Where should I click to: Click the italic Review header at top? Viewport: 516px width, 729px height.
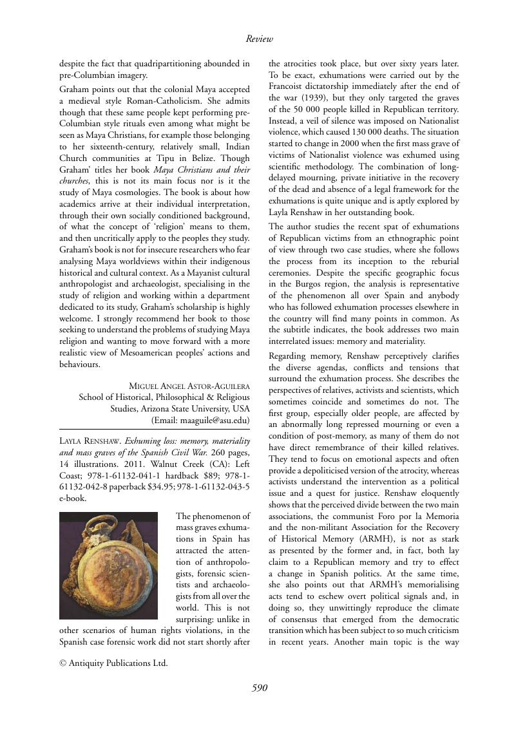click(260, 39)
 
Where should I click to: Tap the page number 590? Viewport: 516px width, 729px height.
click(259, 688)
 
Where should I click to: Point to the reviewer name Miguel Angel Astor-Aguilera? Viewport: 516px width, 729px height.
click(189, 386)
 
